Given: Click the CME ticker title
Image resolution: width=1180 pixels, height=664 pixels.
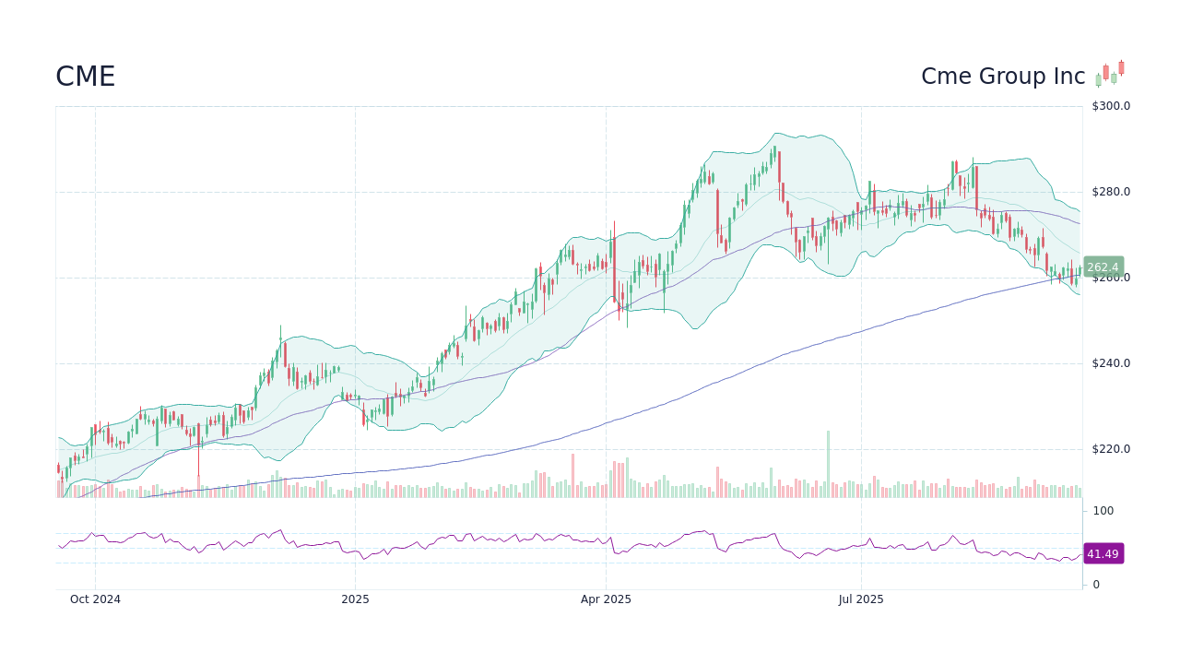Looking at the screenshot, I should (x=85, y=77).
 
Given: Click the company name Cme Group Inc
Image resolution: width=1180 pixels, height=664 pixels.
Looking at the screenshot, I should (x=1003, y=77).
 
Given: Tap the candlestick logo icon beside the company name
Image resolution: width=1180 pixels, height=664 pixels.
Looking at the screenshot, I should (x=1110, y=74).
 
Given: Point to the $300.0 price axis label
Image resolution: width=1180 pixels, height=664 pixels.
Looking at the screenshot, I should (x=1111, y=106).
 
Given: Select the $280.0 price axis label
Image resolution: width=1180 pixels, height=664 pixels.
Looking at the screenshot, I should (x=1111, y=192).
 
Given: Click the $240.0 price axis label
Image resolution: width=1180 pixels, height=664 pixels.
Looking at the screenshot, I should (x=1111, y=363).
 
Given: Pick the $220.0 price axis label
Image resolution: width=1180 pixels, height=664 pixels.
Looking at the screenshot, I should (x=1111, y=449).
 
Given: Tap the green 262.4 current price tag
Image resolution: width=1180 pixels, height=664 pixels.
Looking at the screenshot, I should (x=1103, y=267).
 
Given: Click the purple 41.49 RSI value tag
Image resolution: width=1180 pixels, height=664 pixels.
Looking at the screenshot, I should (x=1103, y=554).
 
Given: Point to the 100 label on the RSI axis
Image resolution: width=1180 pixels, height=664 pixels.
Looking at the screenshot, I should (x=1103, y=511).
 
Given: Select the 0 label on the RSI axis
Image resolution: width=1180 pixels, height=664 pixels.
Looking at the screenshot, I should (x=1096, y=585).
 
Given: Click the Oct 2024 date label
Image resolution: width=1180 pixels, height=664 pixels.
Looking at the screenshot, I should (x=95, y=599).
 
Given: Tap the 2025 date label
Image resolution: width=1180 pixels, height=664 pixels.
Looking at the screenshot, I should (x=355, y=599).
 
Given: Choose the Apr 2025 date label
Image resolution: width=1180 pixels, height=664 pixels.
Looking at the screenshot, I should (x=606, y=599).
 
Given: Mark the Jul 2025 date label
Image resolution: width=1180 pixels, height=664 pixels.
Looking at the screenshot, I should (x=861, y=599).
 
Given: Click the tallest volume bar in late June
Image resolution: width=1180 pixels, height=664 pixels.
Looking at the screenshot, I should (x=828, y=465).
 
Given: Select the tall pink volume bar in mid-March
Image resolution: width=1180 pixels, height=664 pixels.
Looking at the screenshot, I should (x=572, y=476).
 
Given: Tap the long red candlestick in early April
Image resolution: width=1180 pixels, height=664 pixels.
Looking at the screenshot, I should (x=614, y=267).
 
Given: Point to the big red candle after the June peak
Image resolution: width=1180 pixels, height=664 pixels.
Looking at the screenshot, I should (x=780, y=175).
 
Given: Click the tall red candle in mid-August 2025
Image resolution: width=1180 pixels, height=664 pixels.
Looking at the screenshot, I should (x=976, y=189).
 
